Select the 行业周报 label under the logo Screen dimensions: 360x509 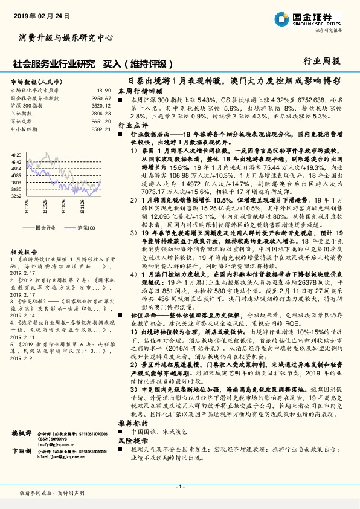pyautogui.click(x=321, y=61)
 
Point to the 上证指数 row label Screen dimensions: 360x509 pyautogui.click(x=22, y=112)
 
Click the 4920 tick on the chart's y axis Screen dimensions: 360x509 pyautogui.click(x=16, y=155)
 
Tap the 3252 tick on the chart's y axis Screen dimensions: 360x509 pyautogui.click(x=16, y=195)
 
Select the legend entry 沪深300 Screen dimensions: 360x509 pyautogui.click(x=87, y=227)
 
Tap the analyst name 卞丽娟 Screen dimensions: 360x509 pyautogui.click(x=22, y=468)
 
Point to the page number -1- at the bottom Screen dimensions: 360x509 pyautogui.click(x=179, y=487)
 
